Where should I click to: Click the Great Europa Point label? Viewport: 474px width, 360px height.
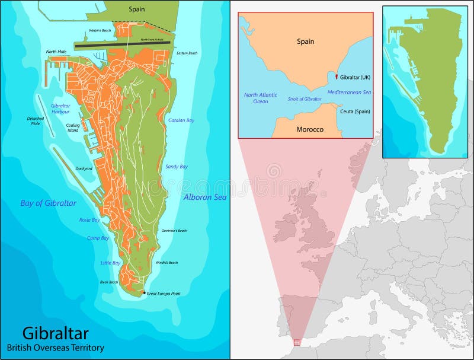[164, 293]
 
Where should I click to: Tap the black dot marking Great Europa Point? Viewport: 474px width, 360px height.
[143, 292]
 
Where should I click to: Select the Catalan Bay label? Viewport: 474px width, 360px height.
[181, 120]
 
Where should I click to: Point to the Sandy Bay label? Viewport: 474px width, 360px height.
[177, 167]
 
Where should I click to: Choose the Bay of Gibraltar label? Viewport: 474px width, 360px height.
[49, 203]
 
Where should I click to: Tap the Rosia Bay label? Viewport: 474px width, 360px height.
[89, 220]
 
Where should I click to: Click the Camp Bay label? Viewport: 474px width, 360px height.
[98, 238]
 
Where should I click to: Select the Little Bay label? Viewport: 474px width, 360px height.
[111, 263]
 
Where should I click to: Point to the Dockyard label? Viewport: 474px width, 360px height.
[84, 168]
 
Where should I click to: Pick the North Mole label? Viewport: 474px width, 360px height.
[56, 52]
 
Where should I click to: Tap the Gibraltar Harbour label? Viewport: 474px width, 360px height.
[60, 108]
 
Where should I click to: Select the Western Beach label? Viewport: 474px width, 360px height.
[100, 30]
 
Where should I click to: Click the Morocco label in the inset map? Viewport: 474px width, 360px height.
[309, 129]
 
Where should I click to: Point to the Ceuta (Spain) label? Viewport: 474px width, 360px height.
[355, 111]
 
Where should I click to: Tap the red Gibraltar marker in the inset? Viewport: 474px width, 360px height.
[336, 77]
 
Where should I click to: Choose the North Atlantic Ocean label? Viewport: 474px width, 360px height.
[261, 98]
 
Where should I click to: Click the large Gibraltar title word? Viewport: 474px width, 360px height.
[56, 332]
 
